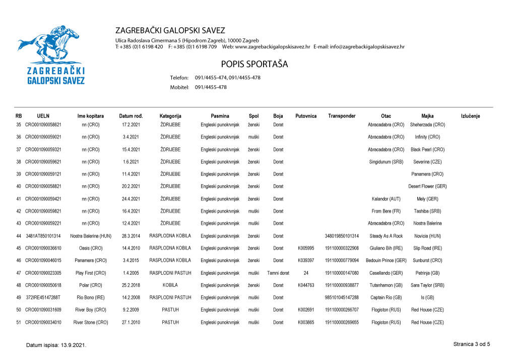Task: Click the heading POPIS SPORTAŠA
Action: (254, 65)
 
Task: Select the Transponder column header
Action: (341, 116)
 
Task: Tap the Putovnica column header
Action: (305, 116)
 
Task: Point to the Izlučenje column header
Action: (470, 116)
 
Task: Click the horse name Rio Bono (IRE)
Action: (91, 297)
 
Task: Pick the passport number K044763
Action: (306, 285)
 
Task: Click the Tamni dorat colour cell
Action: (278, 273)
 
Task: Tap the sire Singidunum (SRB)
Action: (386, 162)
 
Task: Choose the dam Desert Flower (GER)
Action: (427, 187)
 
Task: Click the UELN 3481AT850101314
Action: (43, 236)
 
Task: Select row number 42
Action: (19, 211)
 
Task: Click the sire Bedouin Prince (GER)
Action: (386, 261)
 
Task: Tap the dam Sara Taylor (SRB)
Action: (427, 285)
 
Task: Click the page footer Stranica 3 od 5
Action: (471, 344)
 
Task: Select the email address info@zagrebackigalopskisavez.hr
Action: (367, 47)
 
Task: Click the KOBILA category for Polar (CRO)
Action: (170, 285)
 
